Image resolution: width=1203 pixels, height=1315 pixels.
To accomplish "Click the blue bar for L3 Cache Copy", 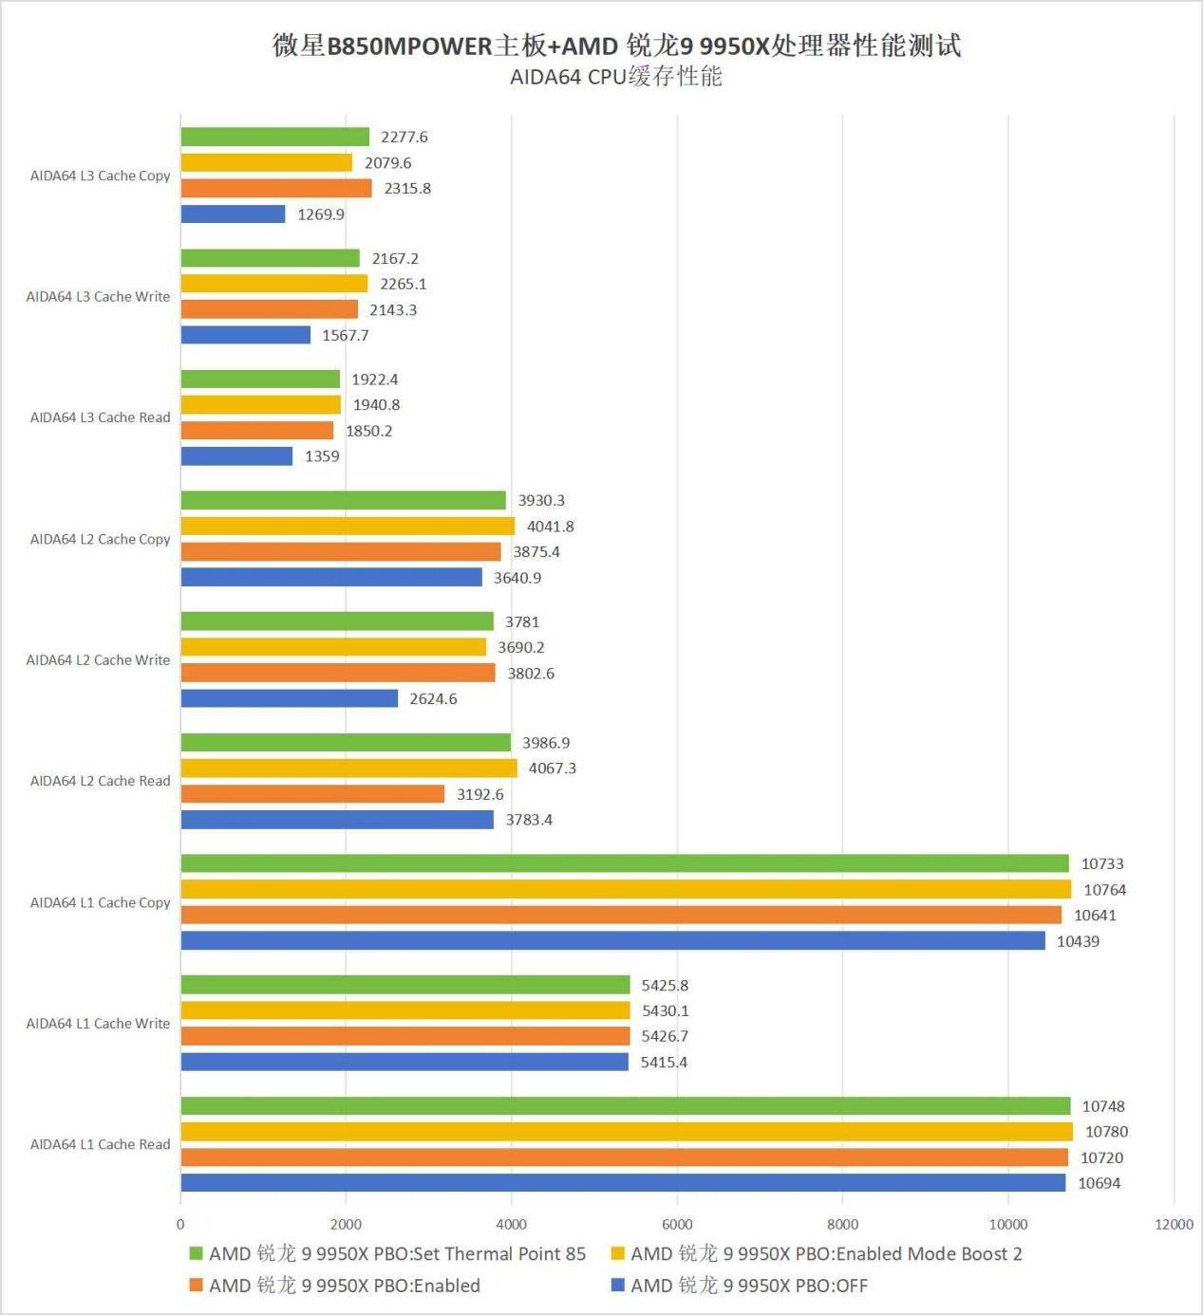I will pyautogui.click(x=233, y=214).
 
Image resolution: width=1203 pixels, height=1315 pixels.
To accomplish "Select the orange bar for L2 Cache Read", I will pyautogui.click(x=312, y=794).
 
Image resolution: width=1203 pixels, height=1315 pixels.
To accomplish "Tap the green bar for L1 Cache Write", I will pyautogui.click(x=405, y=985).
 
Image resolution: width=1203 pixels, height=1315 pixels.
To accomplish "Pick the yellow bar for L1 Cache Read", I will pyautogui.click(x=627, y=1132).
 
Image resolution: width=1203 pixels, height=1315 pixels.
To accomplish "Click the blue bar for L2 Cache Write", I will pyautogui.click(x=290, y=698).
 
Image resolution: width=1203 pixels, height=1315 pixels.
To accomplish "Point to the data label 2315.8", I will pyautogui.click(x=407, y=189).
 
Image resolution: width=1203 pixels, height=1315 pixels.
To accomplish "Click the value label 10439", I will pyautogui.click(x=1078, y=941).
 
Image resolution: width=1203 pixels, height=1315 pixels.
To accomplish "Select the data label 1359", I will pyautogui.click(x=322, y=456).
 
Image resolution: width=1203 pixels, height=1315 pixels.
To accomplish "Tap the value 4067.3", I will pyautogui.click(x=552, y=769).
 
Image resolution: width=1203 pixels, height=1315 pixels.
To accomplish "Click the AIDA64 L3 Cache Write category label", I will pyautogui.click(x=98, y=297).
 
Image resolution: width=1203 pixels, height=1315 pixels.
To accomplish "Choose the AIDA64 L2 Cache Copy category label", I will pyautogui.click(x=100, y=539).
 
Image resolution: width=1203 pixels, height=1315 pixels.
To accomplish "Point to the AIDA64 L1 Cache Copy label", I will pyautogui.click(x=100, y=902).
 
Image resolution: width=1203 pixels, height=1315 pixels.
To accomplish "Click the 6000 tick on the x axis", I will pyautogui.click(x=677, y=1225).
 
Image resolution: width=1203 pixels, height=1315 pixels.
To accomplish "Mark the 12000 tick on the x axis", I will pyautogui.click(x=1174, y=1225).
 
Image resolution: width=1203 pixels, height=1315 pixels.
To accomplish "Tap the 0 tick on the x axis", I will pyautogui.click(x=180, y=1225).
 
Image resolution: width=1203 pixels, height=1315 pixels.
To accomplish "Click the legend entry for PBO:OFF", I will pyautogui.click(x=749, y=1286).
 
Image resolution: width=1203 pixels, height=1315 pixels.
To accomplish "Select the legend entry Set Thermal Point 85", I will pyautogui.click(x=397, y=1254).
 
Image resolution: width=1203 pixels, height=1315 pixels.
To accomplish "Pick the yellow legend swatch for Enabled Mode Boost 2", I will pyautogui.click(x=617, y=1254).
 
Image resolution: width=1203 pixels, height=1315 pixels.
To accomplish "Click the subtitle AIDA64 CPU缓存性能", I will pyautogui.click(x=615, y=77).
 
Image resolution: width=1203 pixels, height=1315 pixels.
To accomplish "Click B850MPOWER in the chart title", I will pyautogui.click(x=409, y=46).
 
